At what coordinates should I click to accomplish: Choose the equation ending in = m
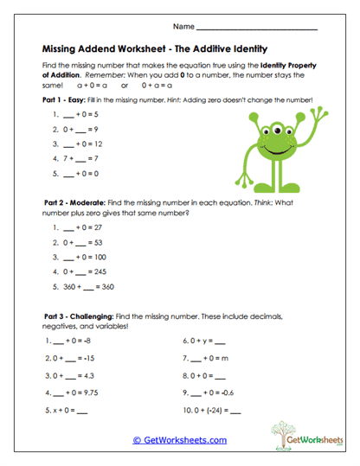(207, 359)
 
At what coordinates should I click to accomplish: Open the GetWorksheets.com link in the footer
(180, 439)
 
